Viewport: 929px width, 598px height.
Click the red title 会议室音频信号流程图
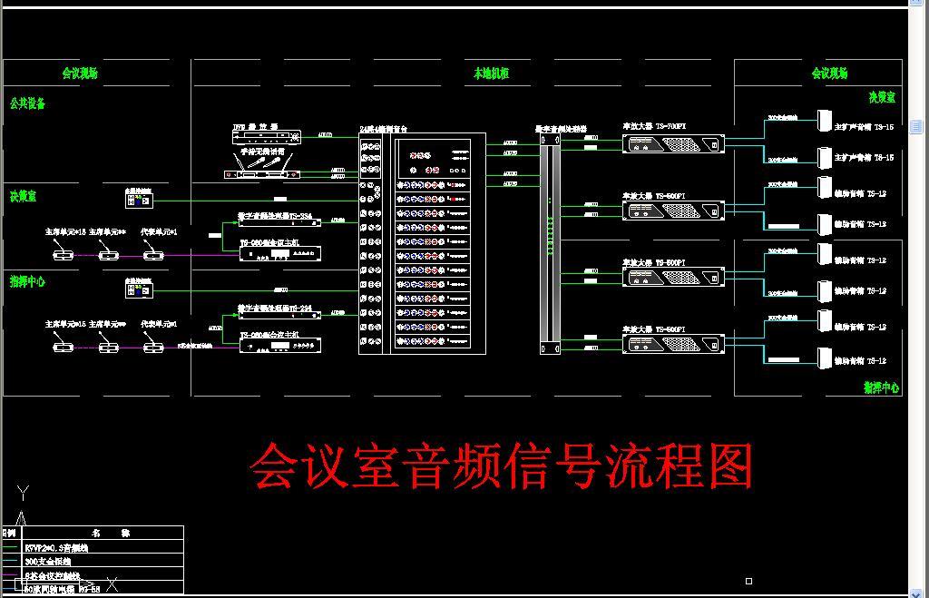pos(501,466)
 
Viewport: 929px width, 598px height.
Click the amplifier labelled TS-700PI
pos(674,143)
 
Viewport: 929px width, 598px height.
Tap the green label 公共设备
pos(27,103)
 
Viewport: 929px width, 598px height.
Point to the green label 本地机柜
pos(491,73)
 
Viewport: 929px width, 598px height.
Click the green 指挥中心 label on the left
pos(27,281)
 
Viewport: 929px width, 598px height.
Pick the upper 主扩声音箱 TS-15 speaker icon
pos(825,121)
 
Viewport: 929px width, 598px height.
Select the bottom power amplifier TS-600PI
pos(674,345)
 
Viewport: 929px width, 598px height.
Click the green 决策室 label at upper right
pos(881,97)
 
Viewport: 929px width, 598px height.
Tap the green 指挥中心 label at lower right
pos(881,387)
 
